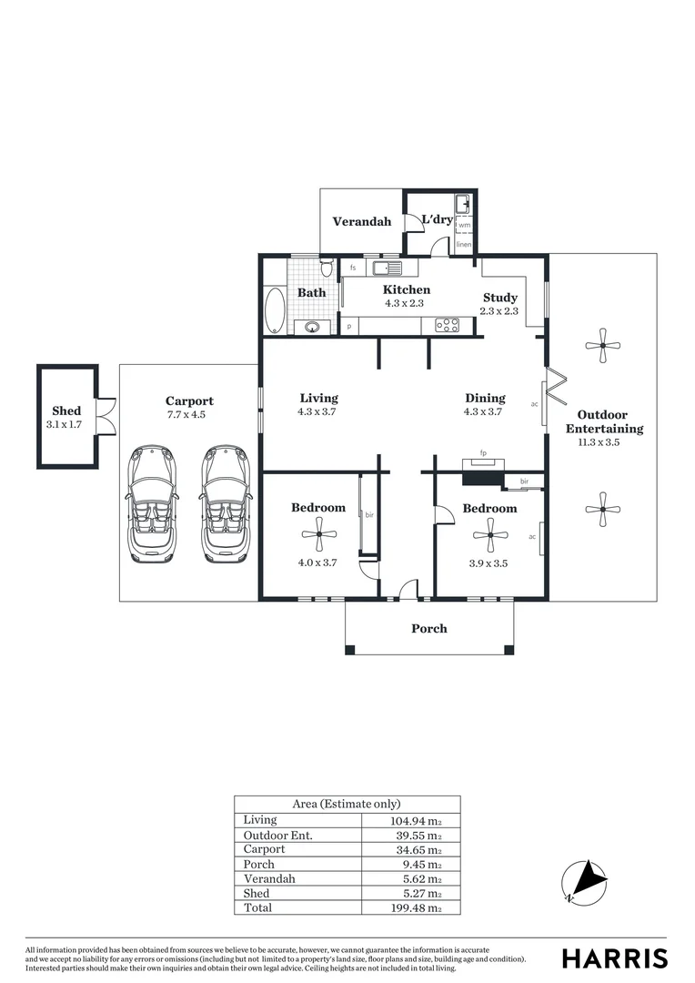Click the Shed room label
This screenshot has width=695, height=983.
(66, 411)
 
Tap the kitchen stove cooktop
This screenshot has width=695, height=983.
(446, 324)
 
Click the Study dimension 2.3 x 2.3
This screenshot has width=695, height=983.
(499, 311)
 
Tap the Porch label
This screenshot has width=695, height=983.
(429, 628)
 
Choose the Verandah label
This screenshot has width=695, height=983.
(361, 221)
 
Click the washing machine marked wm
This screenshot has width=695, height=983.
(464, 225)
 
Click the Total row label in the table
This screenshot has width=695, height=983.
(257, 907)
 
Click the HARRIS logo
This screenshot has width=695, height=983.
(614, 958)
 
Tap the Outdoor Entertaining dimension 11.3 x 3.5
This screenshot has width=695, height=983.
(604, 443)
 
